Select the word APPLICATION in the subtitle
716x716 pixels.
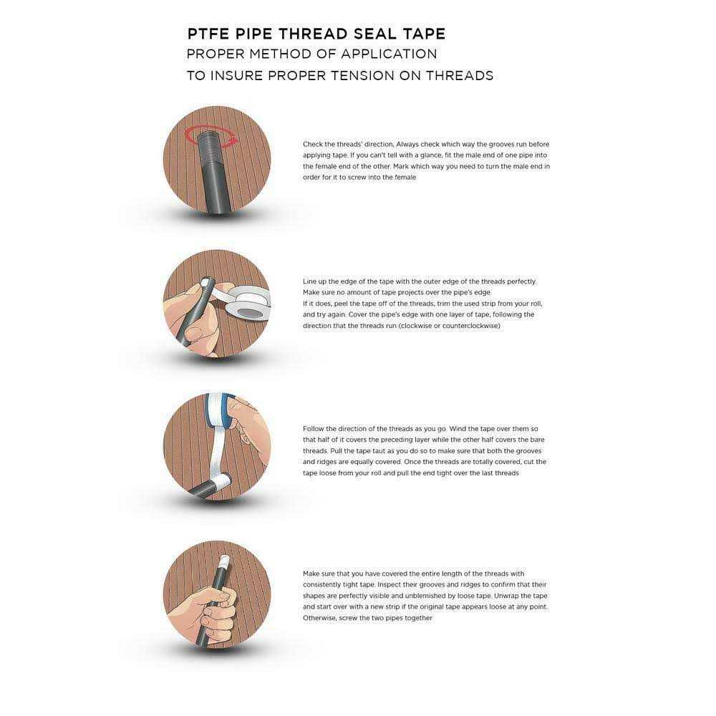[389, 54]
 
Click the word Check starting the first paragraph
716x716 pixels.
[313, 145]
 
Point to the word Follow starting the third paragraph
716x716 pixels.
[315, 428]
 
